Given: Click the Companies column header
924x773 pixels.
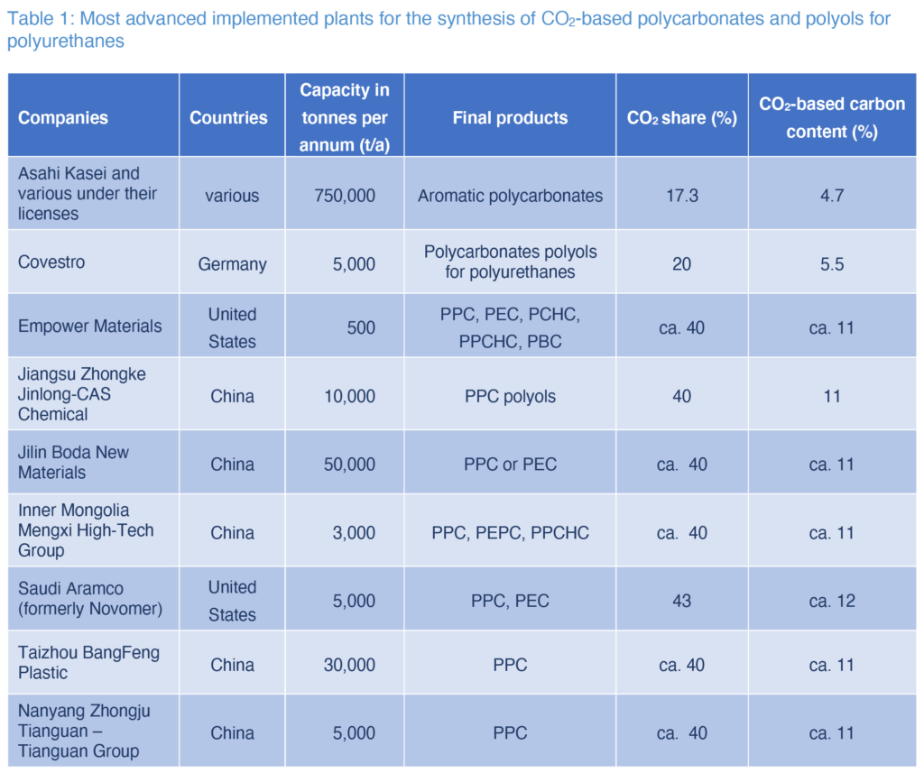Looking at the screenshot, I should pos(63,117).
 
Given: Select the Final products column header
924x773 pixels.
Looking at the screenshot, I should pos(510,117).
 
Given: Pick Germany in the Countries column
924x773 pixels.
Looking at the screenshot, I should pos(233,263).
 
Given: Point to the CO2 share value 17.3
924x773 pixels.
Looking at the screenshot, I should pos(681,195).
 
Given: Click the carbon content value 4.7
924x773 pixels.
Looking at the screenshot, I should pos(831,195).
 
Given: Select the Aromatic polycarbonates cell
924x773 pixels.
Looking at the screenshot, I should pos(510,195).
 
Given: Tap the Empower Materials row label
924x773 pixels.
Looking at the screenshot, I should pos(90,327).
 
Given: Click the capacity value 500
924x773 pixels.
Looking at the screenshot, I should pos(361,327).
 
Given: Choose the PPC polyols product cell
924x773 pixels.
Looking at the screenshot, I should pos(510,396).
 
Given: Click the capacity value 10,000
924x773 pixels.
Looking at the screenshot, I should pos(349,396).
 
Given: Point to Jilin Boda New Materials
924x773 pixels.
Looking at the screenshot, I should pos(74,463).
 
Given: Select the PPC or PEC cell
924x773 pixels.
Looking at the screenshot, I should pos(510,465).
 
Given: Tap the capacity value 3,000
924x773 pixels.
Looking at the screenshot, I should pos(353,532).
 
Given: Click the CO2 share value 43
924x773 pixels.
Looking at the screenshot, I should pos(681,601).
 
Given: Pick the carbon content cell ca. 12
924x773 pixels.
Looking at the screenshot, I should pos(831,601).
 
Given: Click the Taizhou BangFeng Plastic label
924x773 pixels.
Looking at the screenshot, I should pos(88,663).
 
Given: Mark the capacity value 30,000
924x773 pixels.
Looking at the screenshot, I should pos(349,665).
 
